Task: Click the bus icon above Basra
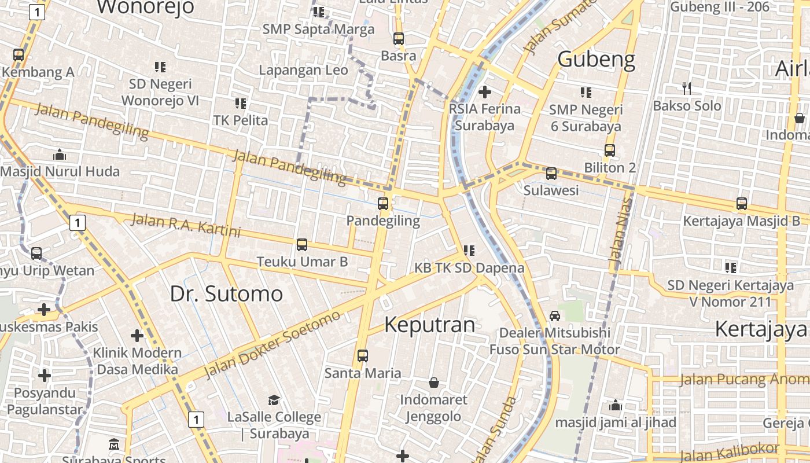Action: tap(398, 39)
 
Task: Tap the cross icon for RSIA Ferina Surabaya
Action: tap(485, 91)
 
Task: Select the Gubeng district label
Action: tap(596, 59)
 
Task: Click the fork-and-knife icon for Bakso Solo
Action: tap(687, 89)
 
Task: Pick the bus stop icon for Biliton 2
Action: tap(609, 150)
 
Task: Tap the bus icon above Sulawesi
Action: tap(551, 173)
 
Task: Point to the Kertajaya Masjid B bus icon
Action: tap(741, 204)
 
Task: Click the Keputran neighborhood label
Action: tap(429, 325)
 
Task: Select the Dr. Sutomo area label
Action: tap(226, 294)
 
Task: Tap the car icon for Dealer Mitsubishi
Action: tap(554, 315)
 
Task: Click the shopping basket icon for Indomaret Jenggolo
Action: tap(433, 383)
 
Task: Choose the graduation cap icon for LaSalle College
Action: tap(274, 400)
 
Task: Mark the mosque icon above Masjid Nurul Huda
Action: tap(60, 155)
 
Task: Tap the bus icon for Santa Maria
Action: tap(362, 355)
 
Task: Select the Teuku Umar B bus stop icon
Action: tap(301, 245)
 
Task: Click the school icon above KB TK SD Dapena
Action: tap(469, 251)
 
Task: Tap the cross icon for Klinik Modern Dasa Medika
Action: tap(137, 336)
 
